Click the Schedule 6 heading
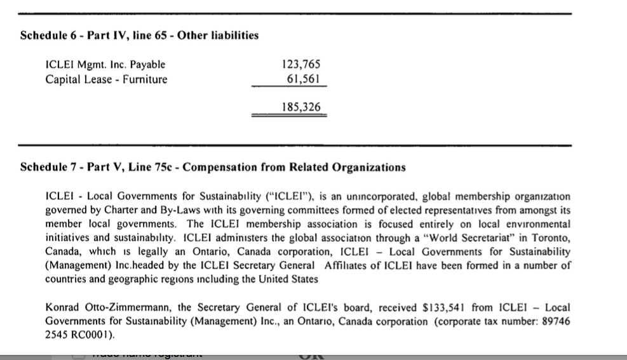[x=139, y=36]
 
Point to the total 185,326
[x=301, y=107]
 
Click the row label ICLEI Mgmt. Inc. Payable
[x=105, y=64]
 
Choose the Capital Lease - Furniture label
[x=107, y=79]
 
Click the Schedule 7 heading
[x=213, y=168]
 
